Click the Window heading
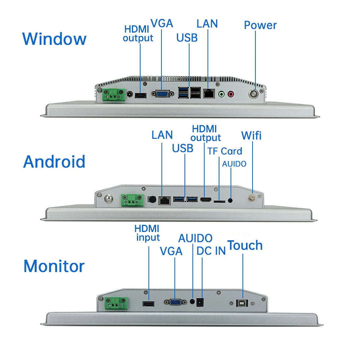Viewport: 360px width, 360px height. (54, 39)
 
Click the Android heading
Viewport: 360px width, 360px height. (54, 161)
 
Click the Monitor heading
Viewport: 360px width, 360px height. (54, 266)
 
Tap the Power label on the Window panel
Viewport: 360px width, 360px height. (260, 25)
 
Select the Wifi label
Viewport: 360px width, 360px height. (251, 135)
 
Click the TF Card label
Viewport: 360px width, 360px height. (225, 151)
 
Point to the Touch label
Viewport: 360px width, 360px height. (245, 245)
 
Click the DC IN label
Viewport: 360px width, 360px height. (211, 251)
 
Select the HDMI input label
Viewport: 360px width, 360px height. (147, 233)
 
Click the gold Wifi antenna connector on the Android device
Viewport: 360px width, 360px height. (253, 198)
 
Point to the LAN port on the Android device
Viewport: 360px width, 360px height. (164, 200)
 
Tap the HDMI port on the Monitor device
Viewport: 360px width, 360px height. (148, 304)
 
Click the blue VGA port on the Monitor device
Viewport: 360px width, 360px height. (174, 302)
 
